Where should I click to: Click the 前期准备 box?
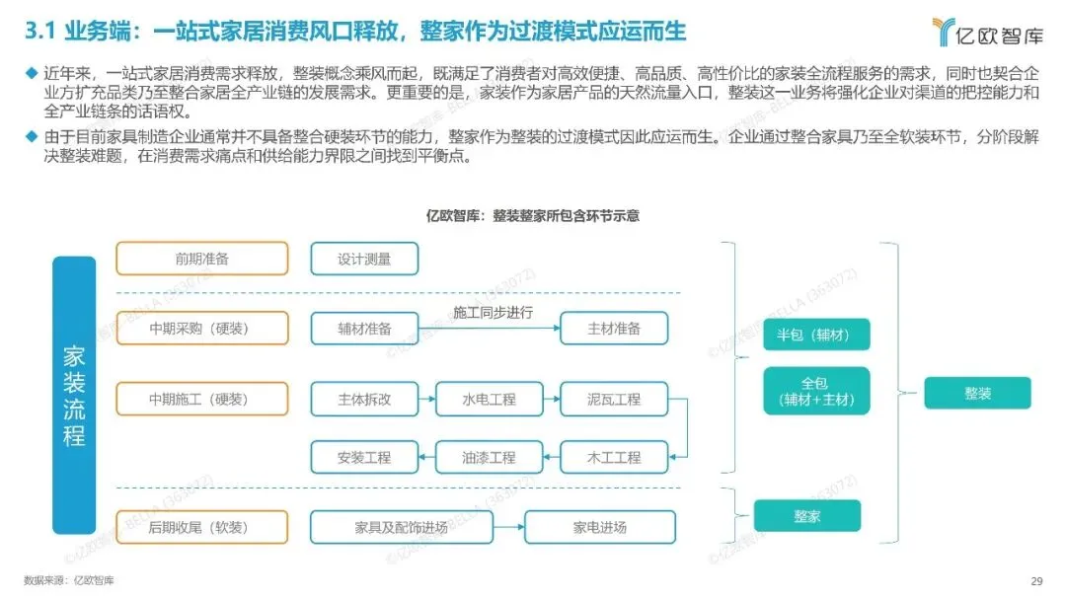pos(202,259)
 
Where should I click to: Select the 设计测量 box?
pos(364,259)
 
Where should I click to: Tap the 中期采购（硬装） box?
pos(202,329)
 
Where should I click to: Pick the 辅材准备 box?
pos(364,329)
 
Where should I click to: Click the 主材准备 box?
pos(614,329)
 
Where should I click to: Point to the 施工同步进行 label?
pos(493,313)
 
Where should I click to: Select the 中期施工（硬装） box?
pos(202,399)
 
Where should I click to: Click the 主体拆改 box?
pos(364,399)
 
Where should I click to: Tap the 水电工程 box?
pos(490,399)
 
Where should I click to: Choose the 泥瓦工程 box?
pos(614,399)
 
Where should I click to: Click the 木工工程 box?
pos(614,457)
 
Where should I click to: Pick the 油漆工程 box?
pos(490,457)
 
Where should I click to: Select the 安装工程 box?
pos(364,457)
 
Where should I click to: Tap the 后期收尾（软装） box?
pos(202,527)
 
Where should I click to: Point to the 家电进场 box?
pos(600,527)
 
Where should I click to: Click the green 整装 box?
pos(977,393)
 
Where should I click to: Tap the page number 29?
pos(1036,580)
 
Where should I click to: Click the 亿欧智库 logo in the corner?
pos(987,32)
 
